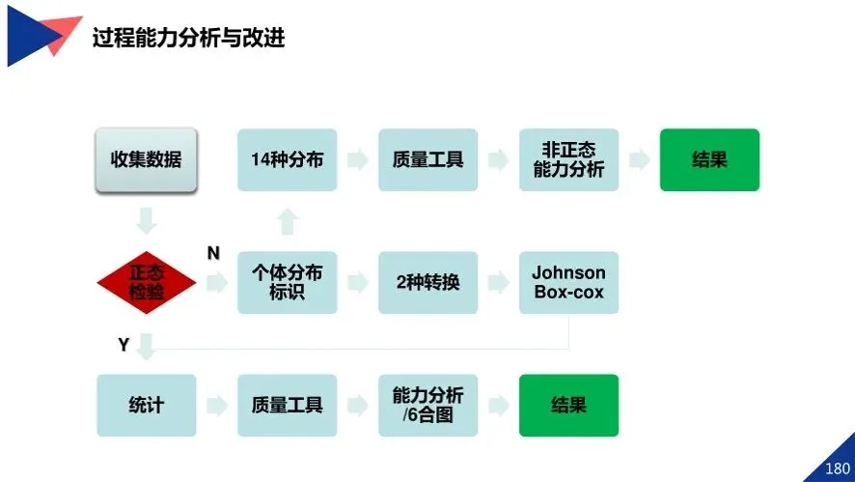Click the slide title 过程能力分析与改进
[188, 39]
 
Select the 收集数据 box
[146, 159]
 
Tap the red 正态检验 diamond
[147, 283]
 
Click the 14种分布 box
[287, 159]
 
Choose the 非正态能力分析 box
[568, 159]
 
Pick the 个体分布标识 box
[287, 282]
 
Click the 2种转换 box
[427, 282]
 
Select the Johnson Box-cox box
[568, 282]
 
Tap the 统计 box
[146, 405]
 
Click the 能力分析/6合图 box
[427, 405]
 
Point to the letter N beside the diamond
[213, 253]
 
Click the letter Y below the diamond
[124, 344]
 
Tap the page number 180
[837, 468]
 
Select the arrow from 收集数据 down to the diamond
[146, 221]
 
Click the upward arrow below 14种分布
[287, 222]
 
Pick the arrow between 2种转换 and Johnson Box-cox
[498, 282]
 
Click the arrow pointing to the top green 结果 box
[639, 159]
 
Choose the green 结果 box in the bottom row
[568, 405]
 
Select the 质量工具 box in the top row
[427, 159]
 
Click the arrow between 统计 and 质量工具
[216, 405]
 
